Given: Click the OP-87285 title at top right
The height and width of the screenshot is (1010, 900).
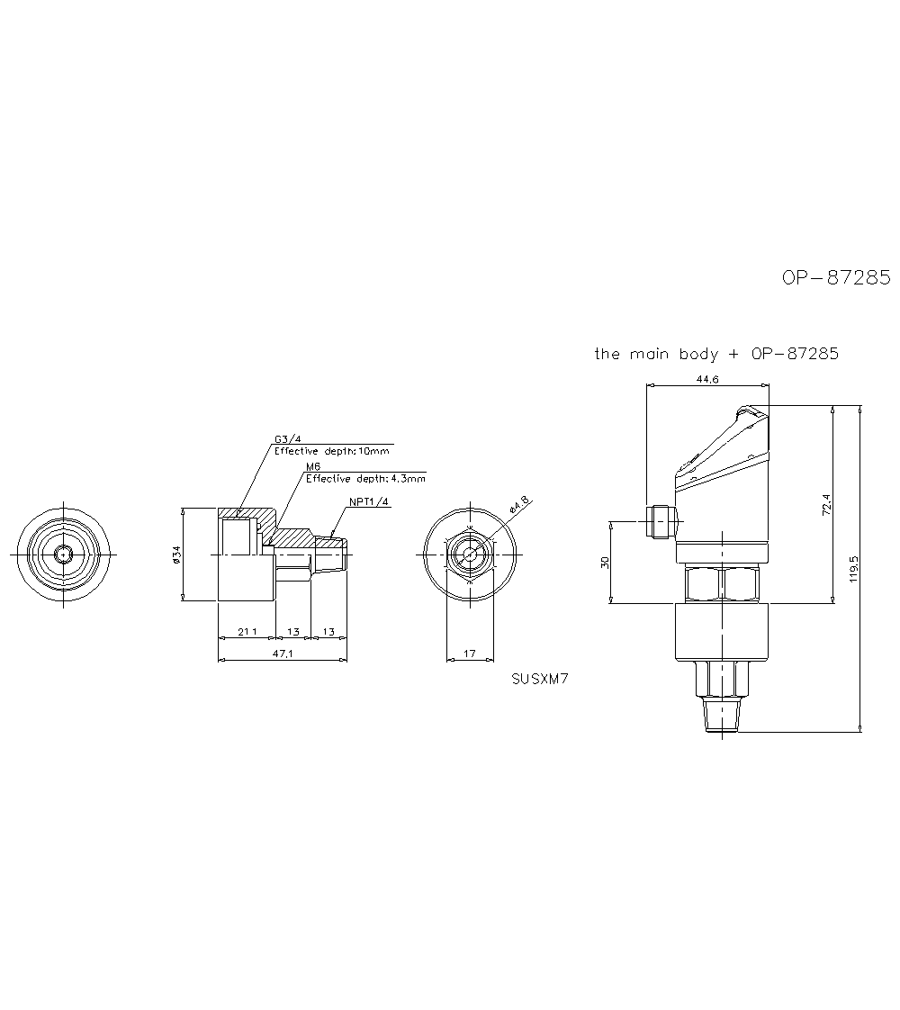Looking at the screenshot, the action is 835,277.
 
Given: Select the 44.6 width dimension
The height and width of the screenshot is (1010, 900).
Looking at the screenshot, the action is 706,380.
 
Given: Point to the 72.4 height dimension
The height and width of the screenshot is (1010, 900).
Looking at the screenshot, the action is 826,504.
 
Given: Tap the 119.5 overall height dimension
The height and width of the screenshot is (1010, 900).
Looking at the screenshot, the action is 853,569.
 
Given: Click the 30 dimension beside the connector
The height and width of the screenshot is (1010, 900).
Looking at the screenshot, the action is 605,563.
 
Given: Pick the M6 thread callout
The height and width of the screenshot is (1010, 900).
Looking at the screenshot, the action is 313,466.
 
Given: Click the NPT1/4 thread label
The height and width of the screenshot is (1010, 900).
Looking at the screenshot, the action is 369,501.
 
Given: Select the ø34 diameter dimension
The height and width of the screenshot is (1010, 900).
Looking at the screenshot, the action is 176,555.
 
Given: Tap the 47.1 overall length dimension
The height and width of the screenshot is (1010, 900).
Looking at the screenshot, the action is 283,654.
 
